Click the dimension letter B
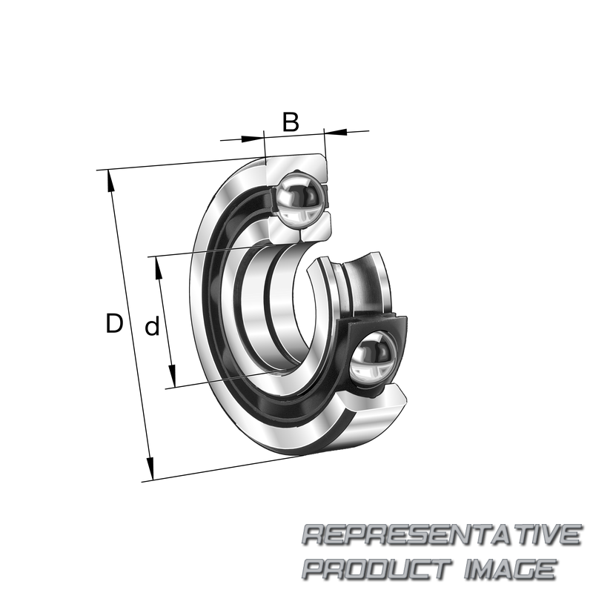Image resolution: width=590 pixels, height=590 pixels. coord(291,122)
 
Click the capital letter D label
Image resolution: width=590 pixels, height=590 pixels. coord(114,323)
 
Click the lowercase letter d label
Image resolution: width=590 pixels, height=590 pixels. coord(153,326)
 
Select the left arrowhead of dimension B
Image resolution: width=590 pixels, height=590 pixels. coord(251,139)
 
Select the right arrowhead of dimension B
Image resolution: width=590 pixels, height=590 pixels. coord(336,132)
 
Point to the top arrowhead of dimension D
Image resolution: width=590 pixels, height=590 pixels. coord(110,182)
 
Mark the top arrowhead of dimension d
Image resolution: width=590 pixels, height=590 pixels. coord(159,268)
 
